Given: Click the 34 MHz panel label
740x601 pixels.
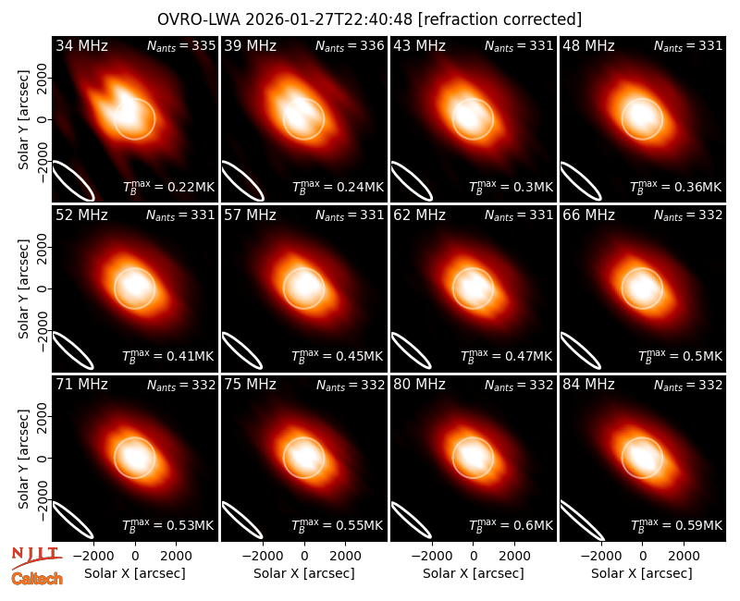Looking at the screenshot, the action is [81, 45].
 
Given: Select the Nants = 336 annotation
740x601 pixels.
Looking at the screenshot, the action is [350, 45].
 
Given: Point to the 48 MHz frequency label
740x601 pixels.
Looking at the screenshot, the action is [588, 45].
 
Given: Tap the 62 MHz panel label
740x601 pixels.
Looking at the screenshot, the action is [419, 215].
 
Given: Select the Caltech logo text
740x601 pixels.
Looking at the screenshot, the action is [37, 579].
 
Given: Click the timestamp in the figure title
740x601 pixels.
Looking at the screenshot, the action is [329, 19].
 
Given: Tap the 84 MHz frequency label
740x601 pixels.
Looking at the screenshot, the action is [588, 385].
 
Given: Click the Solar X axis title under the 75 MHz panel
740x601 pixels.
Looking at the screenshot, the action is [304, 573].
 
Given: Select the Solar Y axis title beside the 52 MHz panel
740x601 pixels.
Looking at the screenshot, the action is [24, 288].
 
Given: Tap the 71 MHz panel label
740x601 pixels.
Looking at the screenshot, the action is [81, 385].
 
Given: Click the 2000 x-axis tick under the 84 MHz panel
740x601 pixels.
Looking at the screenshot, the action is [684, 556].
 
